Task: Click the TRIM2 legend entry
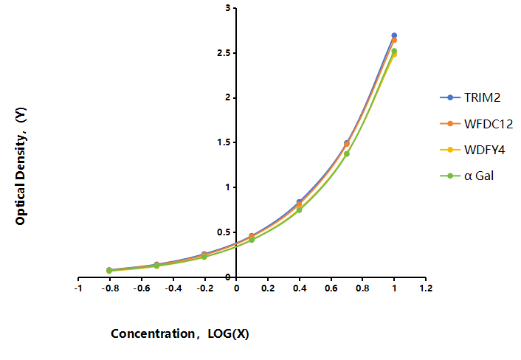click(470, 97)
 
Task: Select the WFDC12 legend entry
click(477, 124)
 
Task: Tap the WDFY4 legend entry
click(472, 150)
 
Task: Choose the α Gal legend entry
click(467, 176)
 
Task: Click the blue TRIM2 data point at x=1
click(394, 35)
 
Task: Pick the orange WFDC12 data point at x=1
click(394, 40)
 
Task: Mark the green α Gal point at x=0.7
click(347, 153)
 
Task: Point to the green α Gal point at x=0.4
click(299, 210)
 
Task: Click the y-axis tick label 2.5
click(224, 53)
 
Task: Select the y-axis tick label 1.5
click(224, 142)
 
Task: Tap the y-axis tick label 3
click(227, 8)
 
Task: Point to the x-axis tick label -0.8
click(110, 288)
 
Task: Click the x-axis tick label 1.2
click(426, 288)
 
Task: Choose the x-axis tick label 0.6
click(331, 288)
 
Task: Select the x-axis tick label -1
click(78, 288)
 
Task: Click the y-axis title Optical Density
click(21, 166)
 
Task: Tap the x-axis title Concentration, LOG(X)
click(180, 333)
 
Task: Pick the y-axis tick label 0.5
click(224, 232)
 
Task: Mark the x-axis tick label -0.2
click(204, 288)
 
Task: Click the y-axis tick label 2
click(227, 97)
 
